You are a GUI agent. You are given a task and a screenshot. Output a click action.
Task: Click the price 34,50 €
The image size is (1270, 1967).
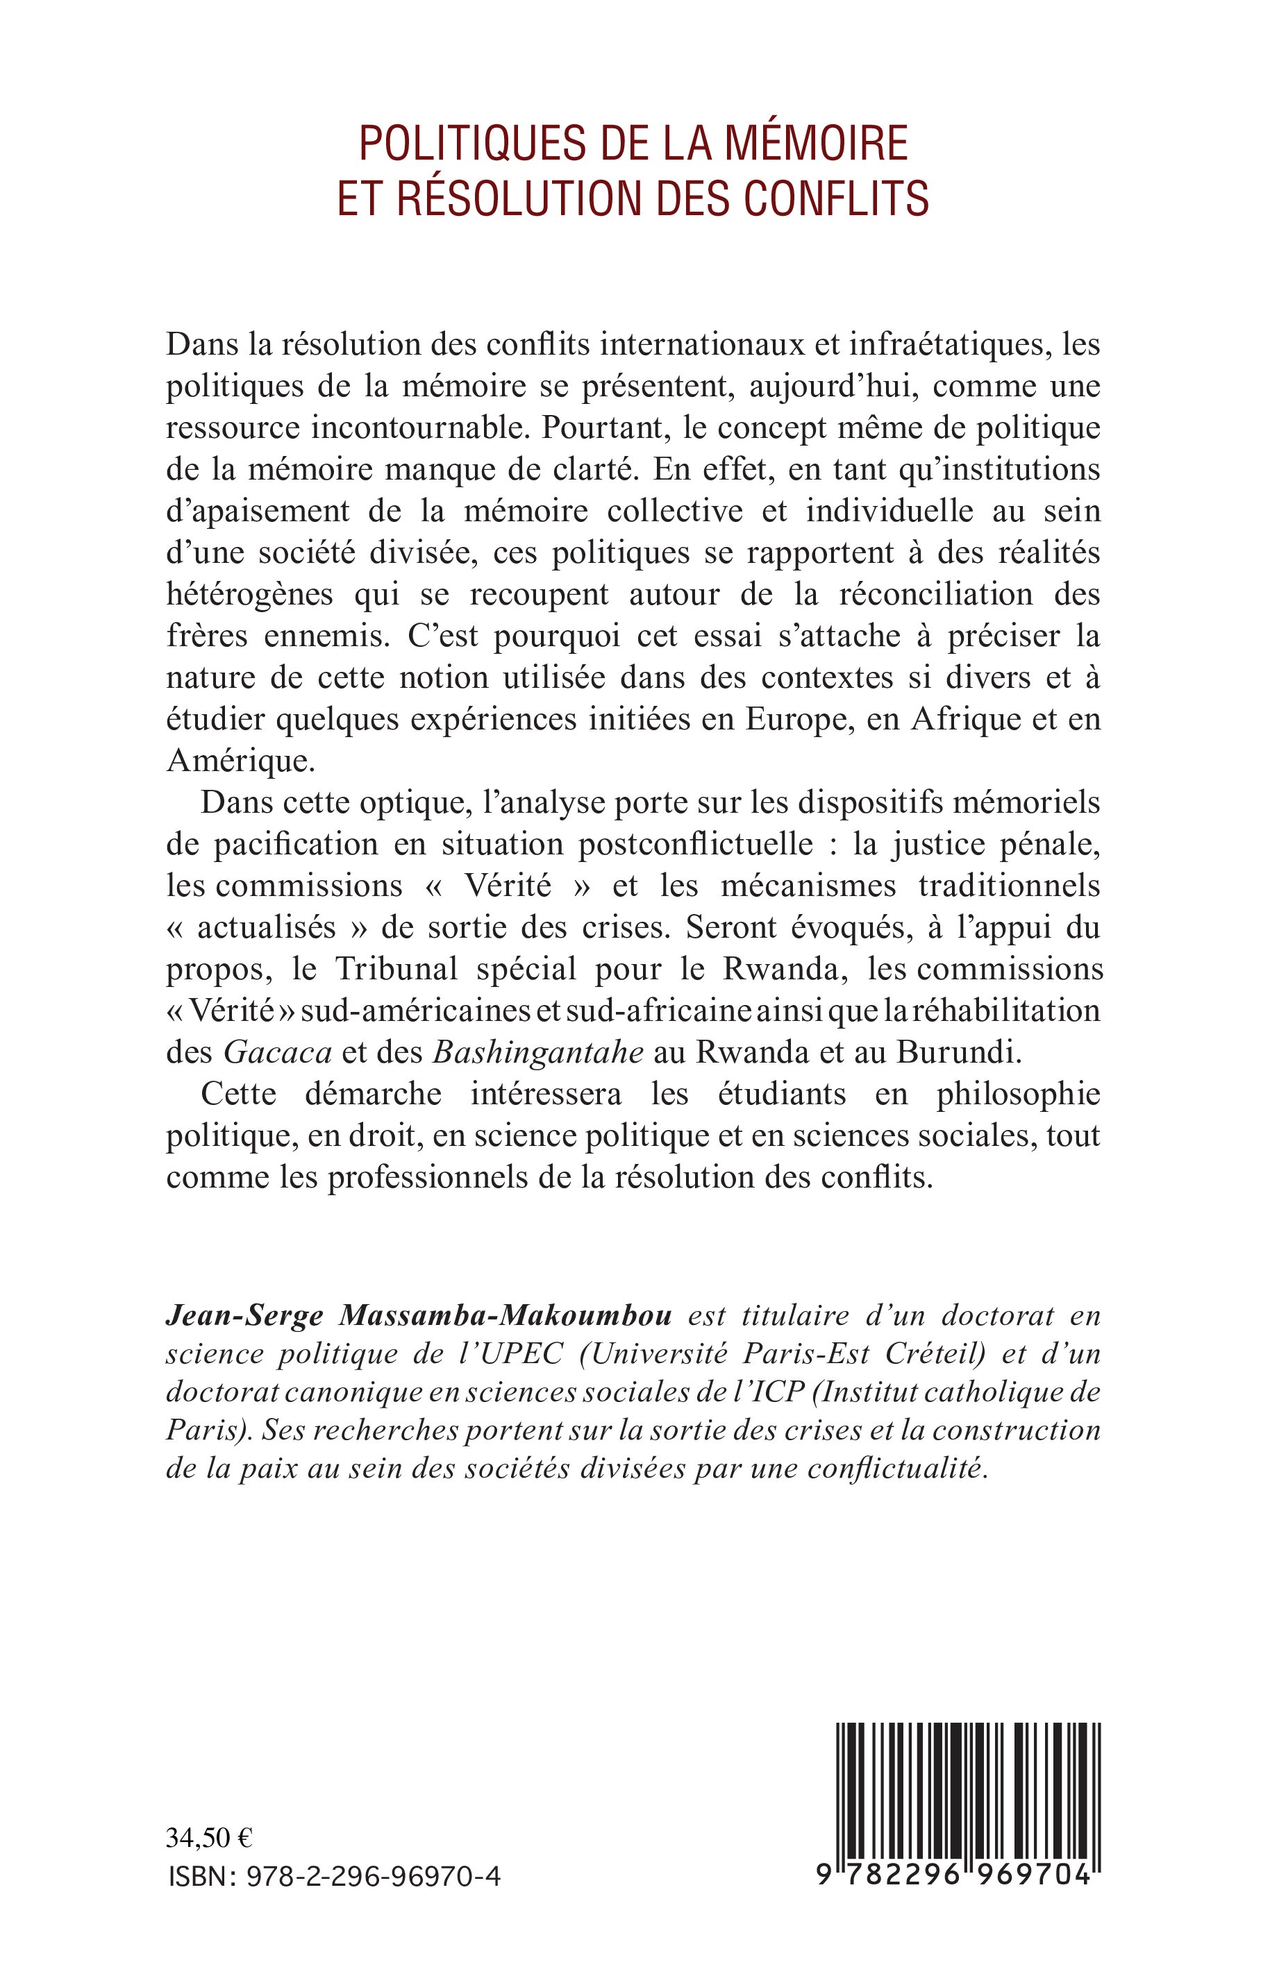tap(210, 1839)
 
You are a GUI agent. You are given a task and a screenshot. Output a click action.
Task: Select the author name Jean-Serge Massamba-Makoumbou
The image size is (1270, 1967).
tap(419, 1317)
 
